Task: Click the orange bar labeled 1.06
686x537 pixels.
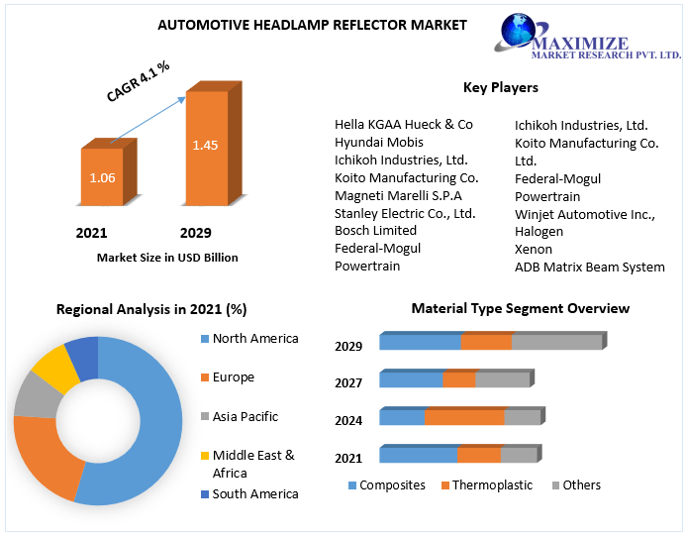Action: coord(102,178)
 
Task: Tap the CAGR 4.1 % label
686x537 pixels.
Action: coord(139,81)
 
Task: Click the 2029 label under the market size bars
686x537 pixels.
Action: coord(195,234)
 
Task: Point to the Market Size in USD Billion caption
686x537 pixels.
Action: coord(167,258)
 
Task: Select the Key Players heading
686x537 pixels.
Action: coord(500,87)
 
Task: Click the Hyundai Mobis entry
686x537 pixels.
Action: coord(379,142)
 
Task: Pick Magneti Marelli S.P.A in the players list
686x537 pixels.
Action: coord(398,195)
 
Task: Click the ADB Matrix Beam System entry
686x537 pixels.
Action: coord(590,267)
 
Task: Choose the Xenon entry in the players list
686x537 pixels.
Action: coord(534,249)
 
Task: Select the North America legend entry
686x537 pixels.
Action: coord(254,339)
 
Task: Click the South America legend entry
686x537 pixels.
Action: coord(254,493)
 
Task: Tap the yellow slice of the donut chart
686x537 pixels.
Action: coord(54,370)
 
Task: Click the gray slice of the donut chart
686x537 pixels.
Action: coord(35,393)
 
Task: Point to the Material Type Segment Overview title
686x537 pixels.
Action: coord(521,308)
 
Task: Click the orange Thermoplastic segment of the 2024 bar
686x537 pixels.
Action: coord(464,417)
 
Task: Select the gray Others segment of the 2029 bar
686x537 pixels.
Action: coord(556,342)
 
